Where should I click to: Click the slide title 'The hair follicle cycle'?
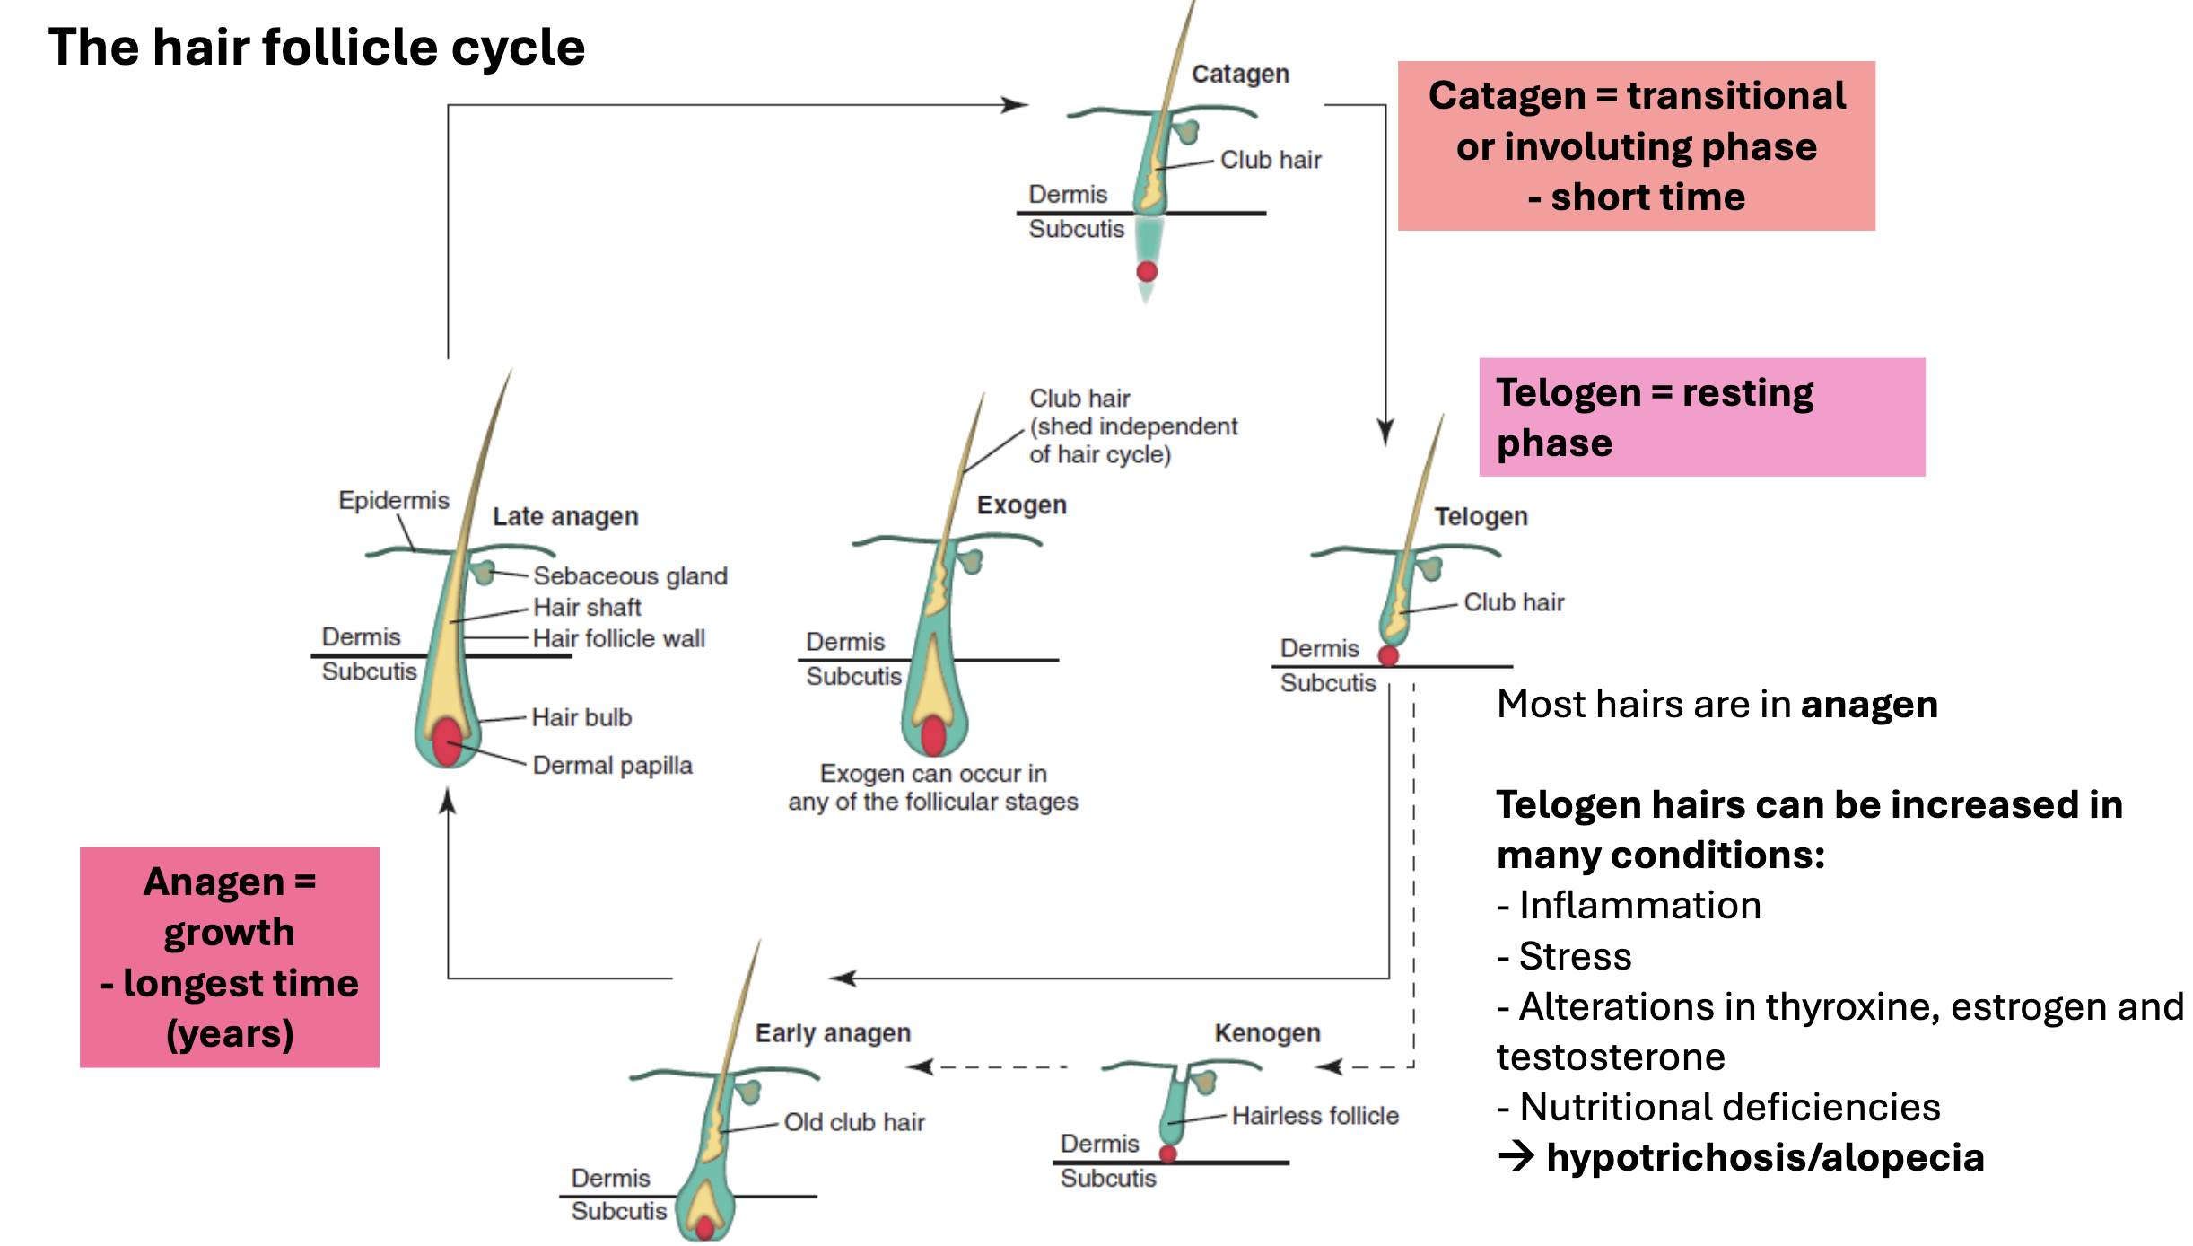coord(316,47)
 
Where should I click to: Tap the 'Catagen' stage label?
coord(1240,74)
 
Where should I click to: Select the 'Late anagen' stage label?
coord(565,516)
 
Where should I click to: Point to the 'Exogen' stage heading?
coord(1021,505)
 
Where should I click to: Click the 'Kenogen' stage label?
coord(1267,1032)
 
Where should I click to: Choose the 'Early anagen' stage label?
coord(833,1032)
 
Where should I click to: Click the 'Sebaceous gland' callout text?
coord(630,575)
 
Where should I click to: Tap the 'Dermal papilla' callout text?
coord(612,765)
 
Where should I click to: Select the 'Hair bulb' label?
coord(581,717)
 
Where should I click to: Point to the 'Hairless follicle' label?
coord(1315,1115)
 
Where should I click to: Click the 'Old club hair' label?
coord(853,1122)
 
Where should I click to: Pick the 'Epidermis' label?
coord(393,500)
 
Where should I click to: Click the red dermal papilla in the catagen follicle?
coord(1147,271)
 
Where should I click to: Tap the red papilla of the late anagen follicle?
coord(447,741)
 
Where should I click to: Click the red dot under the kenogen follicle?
coord(1167,1154)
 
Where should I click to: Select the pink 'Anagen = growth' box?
coord(230,957)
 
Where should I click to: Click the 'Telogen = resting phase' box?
coord(1701,417)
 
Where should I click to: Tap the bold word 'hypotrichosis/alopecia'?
coord(1765,1157)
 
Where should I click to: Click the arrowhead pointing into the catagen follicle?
coord(1016,105)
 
